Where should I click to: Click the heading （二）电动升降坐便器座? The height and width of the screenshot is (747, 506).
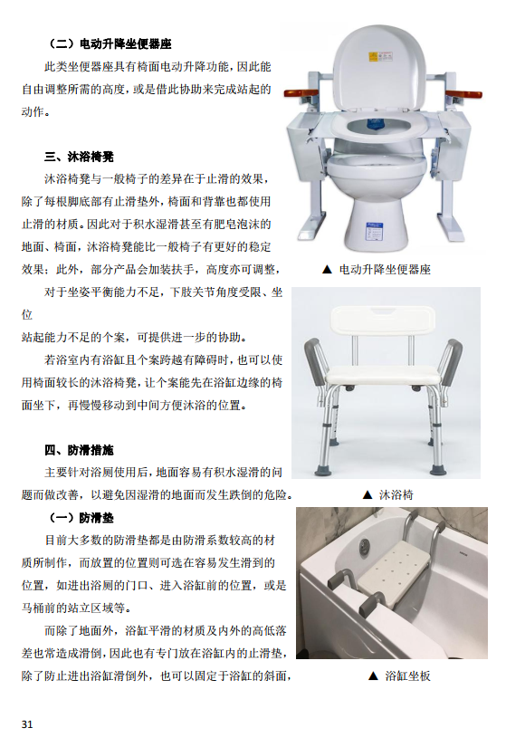click(110, 43)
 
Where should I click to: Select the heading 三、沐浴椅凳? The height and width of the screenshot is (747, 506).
click(79, 157)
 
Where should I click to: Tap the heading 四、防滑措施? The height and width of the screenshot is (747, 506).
click(79, 450)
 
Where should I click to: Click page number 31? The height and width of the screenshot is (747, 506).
click(27, 724)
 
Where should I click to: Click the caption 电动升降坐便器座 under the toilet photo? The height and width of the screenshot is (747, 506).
click(385, 270)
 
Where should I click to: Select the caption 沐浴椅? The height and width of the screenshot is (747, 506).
click(396, 495)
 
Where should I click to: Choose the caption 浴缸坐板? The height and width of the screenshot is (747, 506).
click(408, 675)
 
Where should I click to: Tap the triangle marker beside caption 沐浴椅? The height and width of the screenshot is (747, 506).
click(368, 495)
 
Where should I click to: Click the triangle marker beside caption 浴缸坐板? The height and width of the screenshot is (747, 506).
click(374, 675)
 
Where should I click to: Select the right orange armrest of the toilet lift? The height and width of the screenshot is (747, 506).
click(463, 93)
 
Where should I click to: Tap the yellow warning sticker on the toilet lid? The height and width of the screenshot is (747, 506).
click(373, 57)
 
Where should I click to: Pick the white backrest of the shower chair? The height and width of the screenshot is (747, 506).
click(383, 321)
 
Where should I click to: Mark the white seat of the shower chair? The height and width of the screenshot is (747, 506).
click(383, 376)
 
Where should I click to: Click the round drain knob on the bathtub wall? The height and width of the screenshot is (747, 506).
click(366, 543)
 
